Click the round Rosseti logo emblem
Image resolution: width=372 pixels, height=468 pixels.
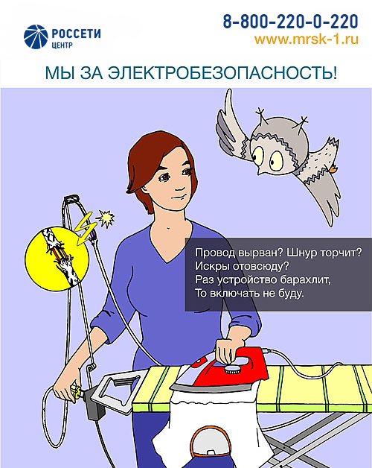tap(34, 36)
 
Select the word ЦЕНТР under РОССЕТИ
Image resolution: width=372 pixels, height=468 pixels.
tap(62, 44)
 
